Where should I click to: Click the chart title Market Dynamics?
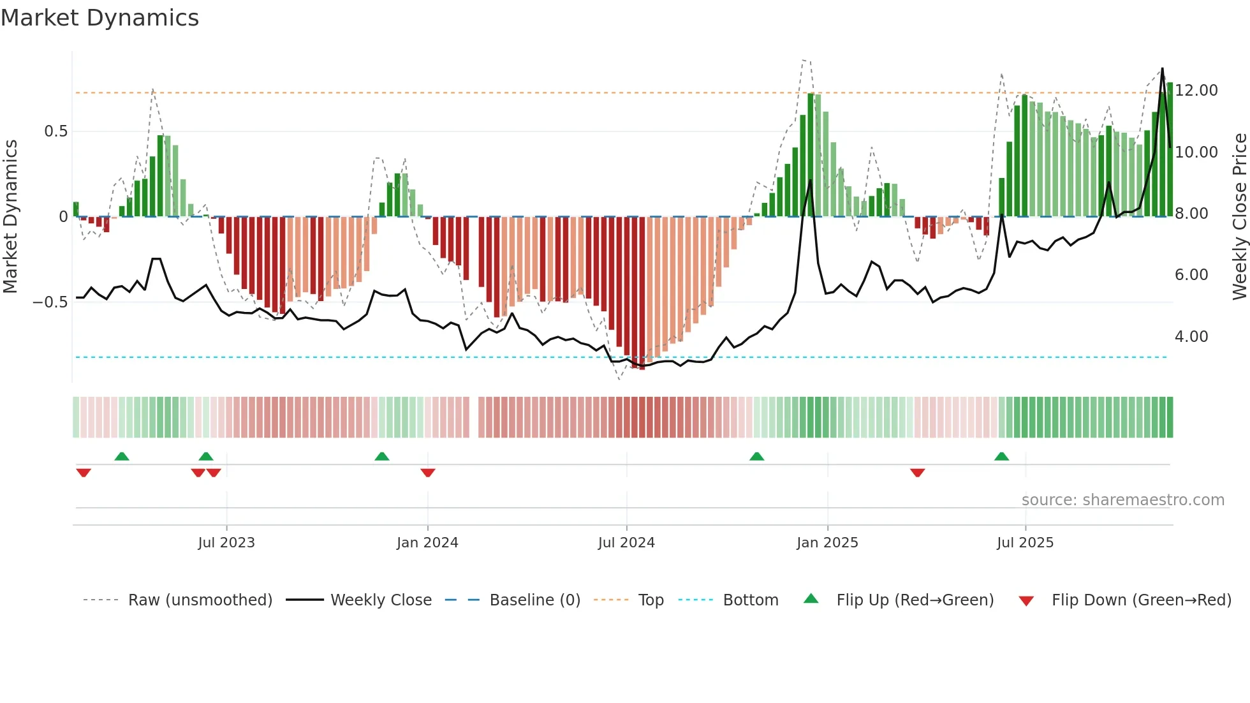click(x=99, y=18)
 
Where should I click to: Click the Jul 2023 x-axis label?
click(x=226, y=543)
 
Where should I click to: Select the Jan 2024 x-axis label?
click(x=427, y=543)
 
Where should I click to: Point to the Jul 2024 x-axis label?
click(x=626, y=543)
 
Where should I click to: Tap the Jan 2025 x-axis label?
click(x=827, y=543)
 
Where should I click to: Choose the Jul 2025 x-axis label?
click(x=1025, y=543)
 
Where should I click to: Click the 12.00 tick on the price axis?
click(x=1196, y=91)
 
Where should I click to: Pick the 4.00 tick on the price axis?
click(x=1191, y=337)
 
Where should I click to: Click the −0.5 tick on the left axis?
click(x=50, y=302)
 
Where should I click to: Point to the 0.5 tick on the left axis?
click(x=55, y=131)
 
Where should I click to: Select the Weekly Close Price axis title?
click(x=1239, y=216)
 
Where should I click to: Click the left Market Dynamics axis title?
click(x=10, y=216)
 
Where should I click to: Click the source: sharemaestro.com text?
click(x=1122, y=500)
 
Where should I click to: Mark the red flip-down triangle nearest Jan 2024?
click(x=428, y=473)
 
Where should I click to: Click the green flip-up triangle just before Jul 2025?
click(x=1001, y=456)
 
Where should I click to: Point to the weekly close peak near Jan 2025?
click(x=811, y=181)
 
